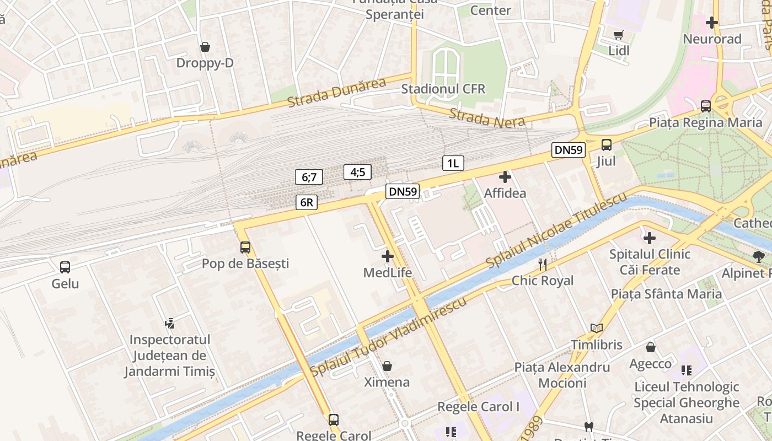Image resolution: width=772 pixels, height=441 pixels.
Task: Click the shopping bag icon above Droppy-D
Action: tap(205, 47)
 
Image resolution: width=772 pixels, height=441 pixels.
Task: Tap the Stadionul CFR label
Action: tap(443, 89)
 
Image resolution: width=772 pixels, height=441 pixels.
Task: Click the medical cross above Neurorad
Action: tap(712, 23)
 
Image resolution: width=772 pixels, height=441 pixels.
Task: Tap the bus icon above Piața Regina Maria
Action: tap(706, 106)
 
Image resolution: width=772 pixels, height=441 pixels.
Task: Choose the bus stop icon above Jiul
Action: tap(607, 145)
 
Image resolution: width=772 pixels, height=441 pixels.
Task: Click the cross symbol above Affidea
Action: tap(505, 177)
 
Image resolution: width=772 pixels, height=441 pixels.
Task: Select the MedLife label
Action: tap(388, 272)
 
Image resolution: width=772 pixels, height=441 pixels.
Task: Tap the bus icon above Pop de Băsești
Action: tap(245, 248)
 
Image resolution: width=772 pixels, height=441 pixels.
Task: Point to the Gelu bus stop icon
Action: tap(65, 267)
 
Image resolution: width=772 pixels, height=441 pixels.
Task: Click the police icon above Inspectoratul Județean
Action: tap(170, 323)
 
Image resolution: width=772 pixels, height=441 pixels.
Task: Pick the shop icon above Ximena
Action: tap(387, 366)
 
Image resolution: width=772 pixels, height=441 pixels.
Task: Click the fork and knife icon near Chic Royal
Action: tap(543, 265)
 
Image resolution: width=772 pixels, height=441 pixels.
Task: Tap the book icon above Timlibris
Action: tap(596, 329)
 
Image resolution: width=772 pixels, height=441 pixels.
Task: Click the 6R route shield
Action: tap(307, 202)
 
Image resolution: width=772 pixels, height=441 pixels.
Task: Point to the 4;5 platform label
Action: tap(357, 172)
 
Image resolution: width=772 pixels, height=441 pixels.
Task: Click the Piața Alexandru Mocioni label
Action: tap(562, 375)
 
